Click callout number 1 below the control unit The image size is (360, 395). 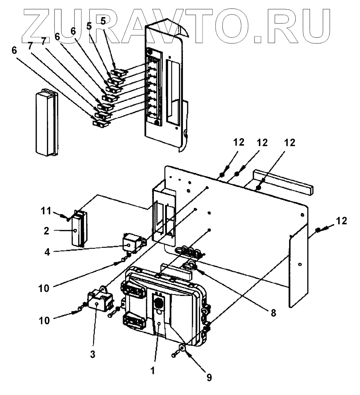tap(153, 371)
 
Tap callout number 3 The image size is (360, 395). tap(93, 353)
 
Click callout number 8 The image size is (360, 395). tap(273, 312)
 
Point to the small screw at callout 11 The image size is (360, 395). tap(68, 219)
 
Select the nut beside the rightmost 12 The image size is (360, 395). tap(317, 230)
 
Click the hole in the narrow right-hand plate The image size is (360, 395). tap(299, 265)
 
